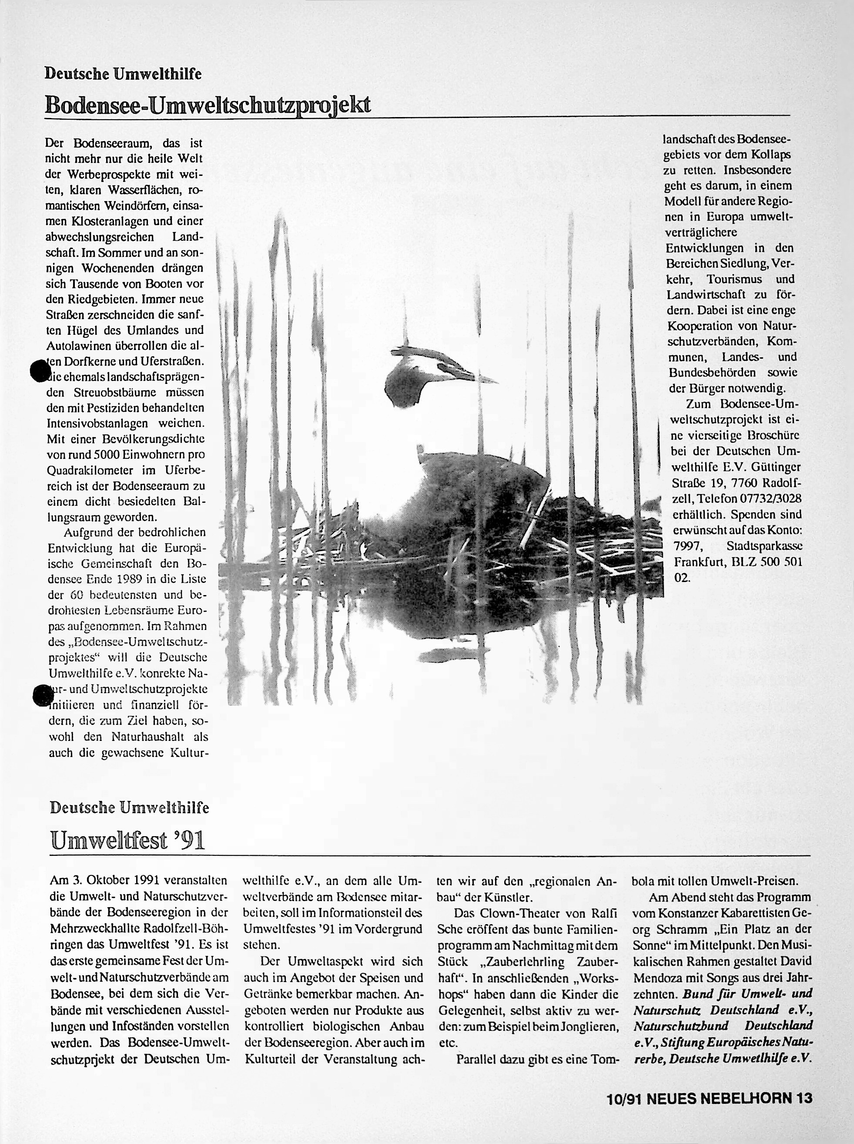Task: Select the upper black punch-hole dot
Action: click(40, 371)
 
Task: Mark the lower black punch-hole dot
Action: click(42, 695)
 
